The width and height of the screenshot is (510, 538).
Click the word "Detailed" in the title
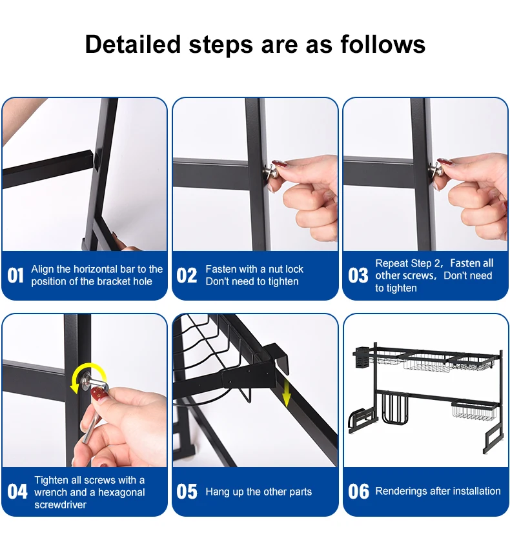(133, 45)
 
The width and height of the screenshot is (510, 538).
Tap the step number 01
(15, 275)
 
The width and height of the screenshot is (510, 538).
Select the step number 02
(187, 275)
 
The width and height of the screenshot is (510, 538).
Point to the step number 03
(358, 275)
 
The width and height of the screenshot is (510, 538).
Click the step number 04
(17, 492)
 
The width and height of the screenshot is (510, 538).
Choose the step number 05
(187, 492)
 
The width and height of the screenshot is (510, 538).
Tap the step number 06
(358, 492)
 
